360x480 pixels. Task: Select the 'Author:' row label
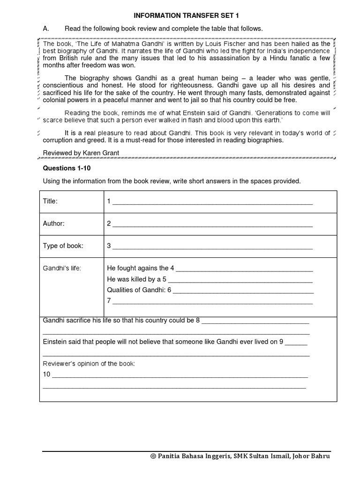[x=54, y=224]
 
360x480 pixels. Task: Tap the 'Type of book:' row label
[x=63, y=246]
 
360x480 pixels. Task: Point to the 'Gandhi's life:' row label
[x=62, y=268]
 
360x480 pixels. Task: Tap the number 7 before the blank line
[x=109, y=300]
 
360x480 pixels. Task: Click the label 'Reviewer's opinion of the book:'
[x=89, y=364]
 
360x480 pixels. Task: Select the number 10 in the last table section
[x=46, y=374]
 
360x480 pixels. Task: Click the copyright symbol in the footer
[x=153, y=457]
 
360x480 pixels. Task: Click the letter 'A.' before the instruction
[x=46, y=29]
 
